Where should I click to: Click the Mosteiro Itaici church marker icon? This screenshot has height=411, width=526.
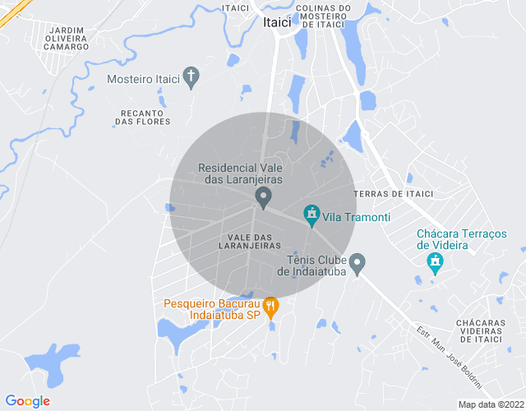191,78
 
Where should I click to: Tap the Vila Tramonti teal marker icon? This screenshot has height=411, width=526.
311,216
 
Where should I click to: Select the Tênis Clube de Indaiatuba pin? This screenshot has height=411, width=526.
357,264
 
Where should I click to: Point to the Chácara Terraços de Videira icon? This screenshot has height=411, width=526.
435,264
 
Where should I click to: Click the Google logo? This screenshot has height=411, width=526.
27,401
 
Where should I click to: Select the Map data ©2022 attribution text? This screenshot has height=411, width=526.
491,404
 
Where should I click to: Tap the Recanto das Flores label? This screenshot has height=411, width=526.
142,117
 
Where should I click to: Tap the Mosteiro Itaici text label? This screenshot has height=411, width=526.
144,80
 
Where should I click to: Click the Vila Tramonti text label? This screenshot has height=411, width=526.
356,218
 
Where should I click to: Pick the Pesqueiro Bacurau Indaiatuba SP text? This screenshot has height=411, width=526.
211,308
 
